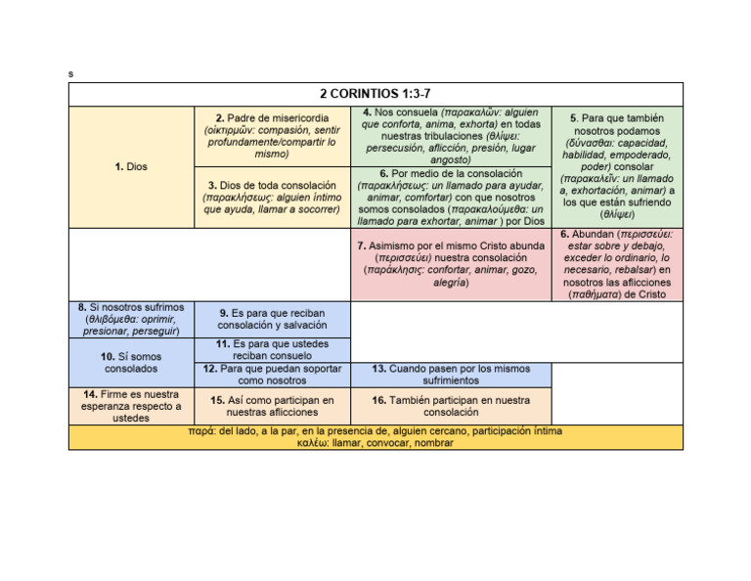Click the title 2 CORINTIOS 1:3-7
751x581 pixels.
click(375, 94)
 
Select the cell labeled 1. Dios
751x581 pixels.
click(131, 167)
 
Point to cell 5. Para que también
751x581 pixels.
click(616, 166)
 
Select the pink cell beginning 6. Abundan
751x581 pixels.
click(616, 263)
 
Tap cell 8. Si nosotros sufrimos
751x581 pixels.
click(131, 319)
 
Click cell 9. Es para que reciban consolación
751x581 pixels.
click(271, 319)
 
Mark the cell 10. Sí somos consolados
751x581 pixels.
click(131, 363)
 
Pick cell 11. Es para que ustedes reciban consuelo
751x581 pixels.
click(271, 350)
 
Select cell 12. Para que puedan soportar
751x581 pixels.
click(271, 375)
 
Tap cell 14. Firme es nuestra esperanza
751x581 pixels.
click(131, 406)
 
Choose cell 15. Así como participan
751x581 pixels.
click(271, 406)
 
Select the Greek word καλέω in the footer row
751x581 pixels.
click(313, 443)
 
